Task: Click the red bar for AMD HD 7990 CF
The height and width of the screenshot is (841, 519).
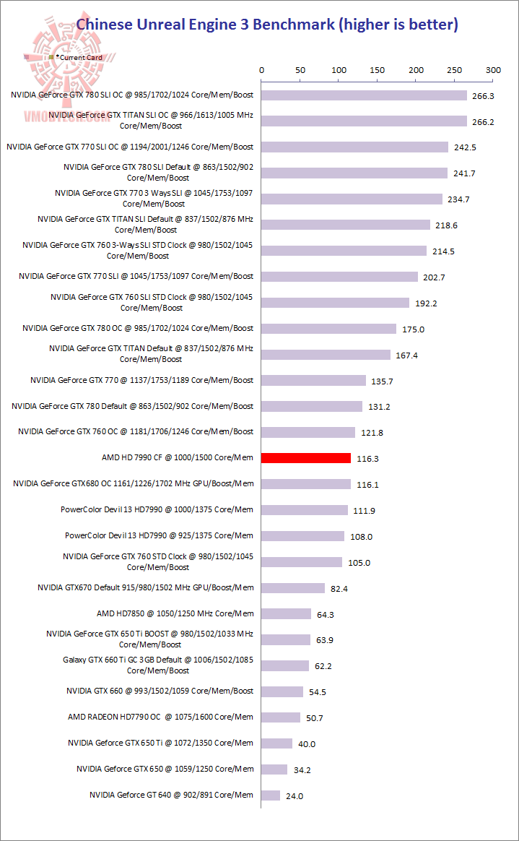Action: (x=306, y=458)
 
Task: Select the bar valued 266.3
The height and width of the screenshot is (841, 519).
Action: (x=364, y=95)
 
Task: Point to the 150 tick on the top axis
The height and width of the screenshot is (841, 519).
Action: (x=378, y=70)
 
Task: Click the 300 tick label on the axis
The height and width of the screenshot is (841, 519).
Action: (x=493, y=70)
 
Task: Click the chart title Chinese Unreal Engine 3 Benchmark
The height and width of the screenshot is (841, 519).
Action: (x=267, y=25)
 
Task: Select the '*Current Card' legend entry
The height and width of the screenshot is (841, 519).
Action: (x=80, y=57)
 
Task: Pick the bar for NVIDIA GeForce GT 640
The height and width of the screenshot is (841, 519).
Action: (x=271, y=795)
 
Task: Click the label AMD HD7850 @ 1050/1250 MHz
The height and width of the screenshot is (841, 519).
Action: (x=175, y=613)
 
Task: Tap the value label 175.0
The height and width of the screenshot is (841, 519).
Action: (x=414, y=329)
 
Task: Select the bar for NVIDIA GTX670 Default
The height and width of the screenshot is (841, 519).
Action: (x=293, y=588)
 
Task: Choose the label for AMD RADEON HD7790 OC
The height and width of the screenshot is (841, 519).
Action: (x=160, y=717)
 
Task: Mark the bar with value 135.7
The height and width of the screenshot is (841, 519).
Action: (x=313, y=380)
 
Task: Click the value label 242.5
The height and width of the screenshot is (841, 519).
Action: (x=466, y=147)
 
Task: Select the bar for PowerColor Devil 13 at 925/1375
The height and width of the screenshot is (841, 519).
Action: (x=303, y=536)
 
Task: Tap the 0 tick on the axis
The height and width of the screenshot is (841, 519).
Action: (x=261, y=70)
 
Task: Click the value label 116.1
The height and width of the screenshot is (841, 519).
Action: (x=368, y=485)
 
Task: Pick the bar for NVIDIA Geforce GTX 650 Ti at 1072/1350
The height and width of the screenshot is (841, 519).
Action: (x=276, y=743)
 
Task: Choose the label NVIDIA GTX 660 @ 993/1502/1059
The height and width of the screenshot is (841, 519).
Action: (x=160, y=691)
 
